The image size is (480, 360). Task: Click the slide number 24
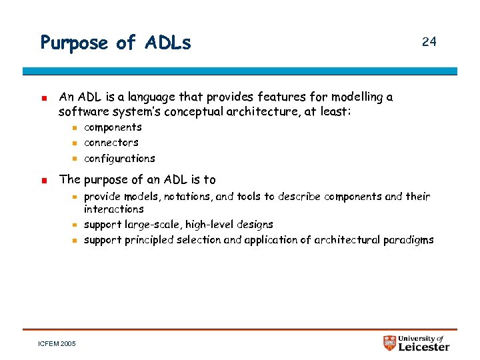(429, 42)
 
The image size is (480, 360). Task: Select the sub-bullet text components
(113, 127)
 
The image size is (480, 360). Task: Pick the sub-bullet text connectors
(111, 143)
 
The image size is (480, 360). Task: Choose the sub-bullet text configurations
(119, 159)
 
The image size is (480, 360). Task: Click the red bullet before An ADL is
(43, 97)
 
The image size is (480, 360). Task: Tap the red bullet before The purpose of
(43, 180)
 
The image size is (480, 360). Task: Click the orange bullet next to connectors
(75, 143)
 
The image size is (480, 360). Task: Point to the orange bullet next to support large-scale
(75, 225)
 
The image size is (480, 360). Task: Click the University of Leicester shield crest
(390, 343)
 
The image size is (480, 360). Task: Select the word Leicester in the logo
(424, 347)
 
